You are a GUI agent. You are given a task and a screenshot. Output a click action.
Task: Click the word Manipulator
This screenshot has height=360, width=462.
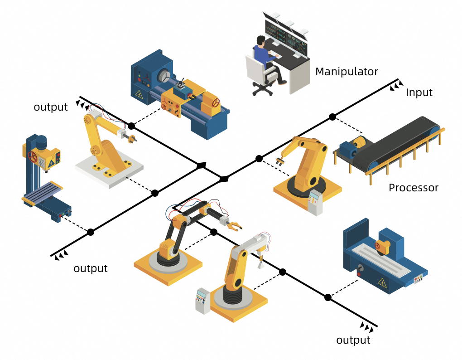point(346,72)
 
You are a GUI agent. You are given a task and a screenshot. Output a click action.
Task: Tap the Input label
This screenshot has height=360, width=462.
point(419,93)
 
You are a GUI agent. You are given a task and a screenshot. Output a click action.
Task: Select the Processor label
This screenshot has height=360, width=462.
point(414,188)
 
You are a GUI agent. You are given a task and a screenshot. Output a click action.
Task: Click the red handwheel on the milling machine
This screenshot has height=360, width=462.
point(33,157)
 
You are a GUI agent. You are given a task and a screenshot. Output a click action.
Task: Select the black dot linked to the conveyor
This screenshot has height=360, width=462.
point(332,117)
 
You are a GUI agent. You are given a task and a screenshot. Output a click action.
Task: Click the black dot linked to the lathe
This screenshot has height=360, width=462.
point(131,126)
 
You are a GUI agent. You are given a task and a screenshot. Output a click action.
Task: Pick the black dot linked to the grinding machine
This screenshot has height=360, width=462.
point(328,297)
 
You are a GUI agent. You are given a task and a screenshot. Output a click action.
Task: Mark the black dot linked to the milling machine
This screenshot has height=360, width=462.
point(91,232)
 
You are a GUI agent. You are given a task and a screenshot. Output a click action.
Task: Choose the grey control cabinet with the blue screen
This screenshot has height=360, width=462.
point(202,299)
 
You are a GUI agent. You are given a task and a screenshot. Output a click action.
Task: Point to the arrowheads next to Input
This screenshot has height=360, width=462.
point(397,85)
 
